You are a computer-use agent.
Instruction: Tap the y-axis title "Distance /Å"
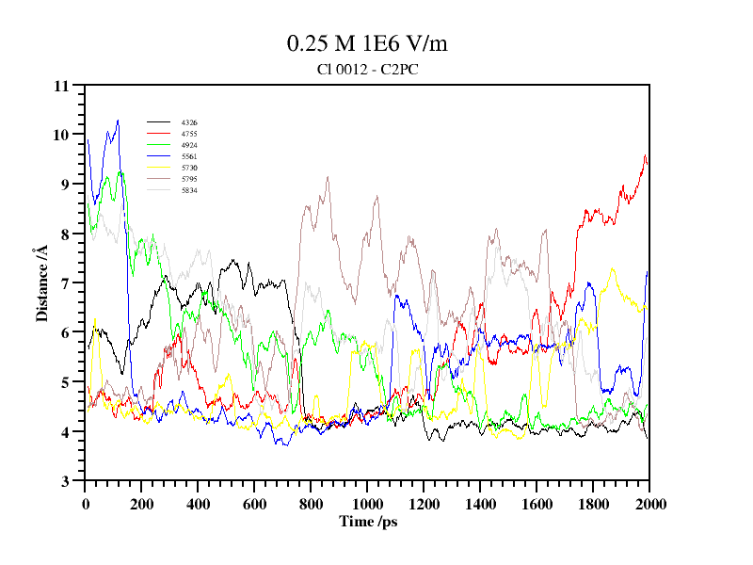pyautogui.click(x=42, y=283)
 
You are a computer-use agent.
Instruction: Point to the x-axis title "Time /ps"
pyautogui.click(x=368, y=521)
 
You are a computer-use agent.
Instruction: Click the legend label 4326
pyautogui.click(x=189, y=122)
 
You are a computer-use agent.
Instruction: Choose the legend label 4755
pyautogui.click(x=189, y=134)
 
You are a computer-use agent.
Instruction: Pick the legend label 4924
pyautogui.click(x=189, y=145)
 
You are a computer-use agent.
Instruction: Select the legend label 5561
pyautogui.click(x=189, y=156)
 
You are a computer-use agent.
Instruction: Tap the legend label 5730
pyautogui.click(x=189, y=168)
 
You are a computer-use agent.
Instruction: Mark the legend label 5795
pyautogui.click(x=189, y=179)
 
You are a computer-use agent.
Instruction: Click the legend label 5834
pyautogui.click(x=189, y=190)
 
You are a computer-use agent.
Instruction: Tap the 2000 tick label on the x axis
pyautogui.click(x=649, y=504)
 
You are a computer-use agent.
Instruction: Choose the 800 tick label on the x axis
pyautogui.click(x=311, y=504)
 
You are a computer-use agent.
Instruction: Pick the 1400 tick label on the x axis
pyautogui.click(x=480, y=504)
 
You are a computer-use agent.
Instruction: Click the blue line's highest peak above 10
pyautogui.click(x=118, y=121)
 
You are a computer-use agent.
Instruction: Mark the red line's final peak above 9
pyautogui.click(x=645, y=155)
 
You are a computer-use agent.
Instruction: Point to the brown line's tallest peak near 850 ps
pyautogui.click(x=328, y=177)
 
